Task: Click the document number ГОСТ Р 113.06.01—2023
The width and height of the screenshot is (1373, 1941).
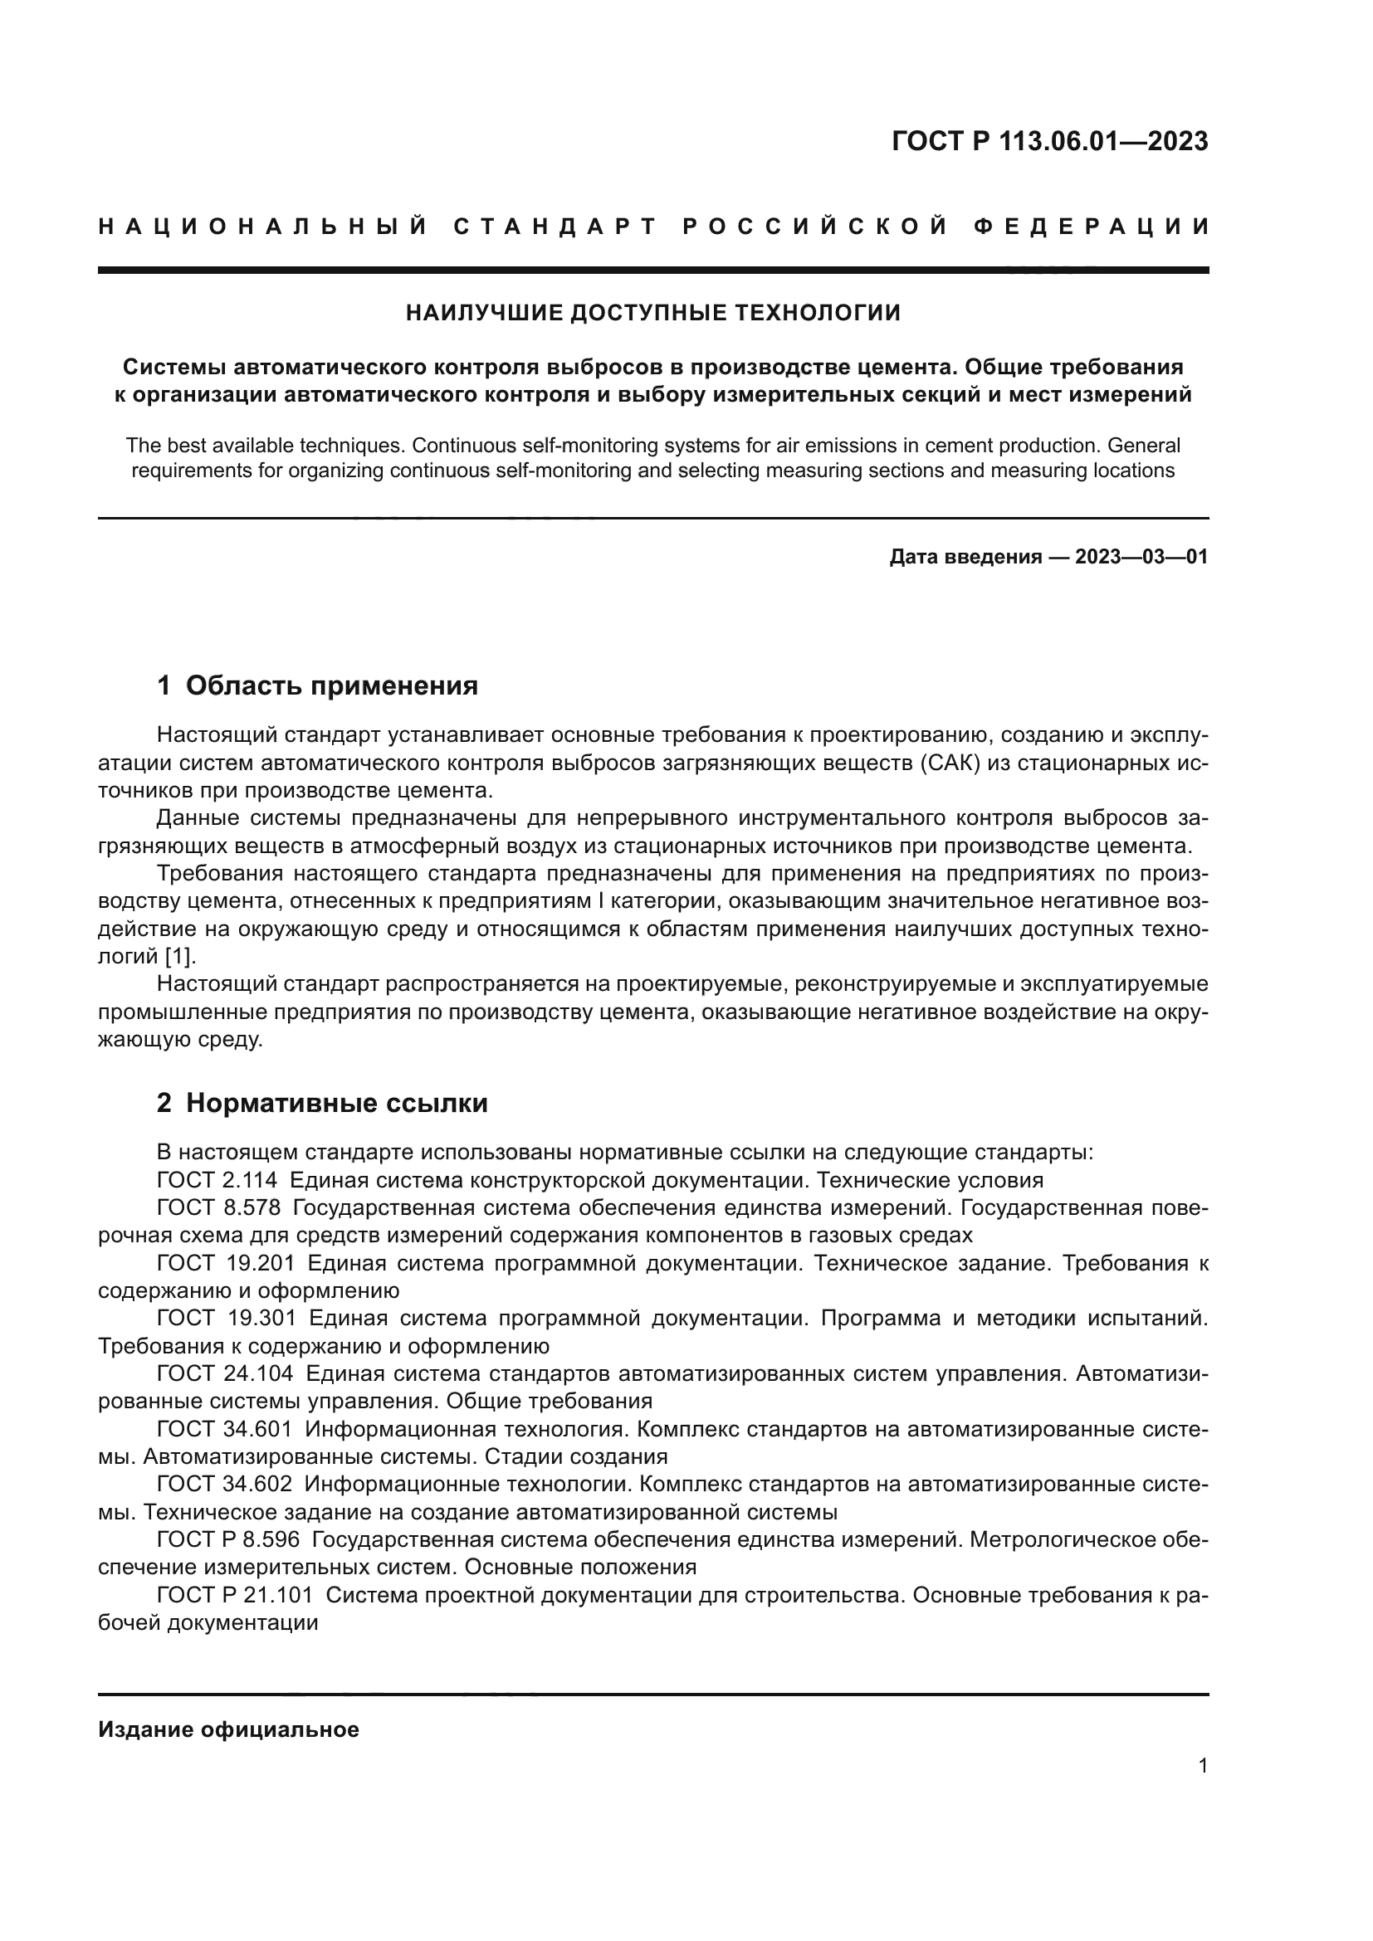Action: point(1049,141)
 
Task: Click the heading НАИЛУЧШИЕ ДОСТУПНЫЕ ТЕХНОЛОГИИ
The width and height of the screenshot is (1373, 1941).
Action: point(652,314)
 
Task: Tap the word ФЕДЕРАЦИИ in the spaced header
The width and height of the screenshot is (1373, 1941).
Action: point(1091,227)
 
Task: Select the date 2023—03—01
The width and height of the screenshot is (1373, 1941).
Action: point(1141,557)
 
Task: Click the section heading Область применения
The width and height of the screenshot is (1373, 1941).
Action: point(331,685)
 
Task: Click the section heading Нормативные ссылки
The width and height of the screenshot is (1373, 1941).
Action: point(336,1103)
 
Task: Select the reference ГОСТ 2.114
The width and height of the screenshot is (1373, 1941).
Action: point(217,1180)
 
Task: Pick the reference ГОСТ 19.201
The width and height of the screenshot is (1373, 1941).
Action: point(225,1264)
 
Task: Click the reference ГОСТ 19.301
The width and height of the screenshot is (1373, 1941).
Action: point(225,1319)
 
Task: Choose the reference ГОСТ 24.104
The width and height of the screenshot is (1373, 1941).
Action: point(225,1373)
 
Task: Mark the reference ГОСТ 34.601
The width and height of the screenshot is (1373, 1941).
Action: point(225,1430)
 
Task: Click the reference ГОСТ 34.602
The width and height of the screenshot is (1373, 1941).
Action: point(225,1485)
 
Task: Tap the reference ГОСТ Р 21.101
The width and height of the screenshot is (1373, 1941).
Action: point(235,1595)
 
